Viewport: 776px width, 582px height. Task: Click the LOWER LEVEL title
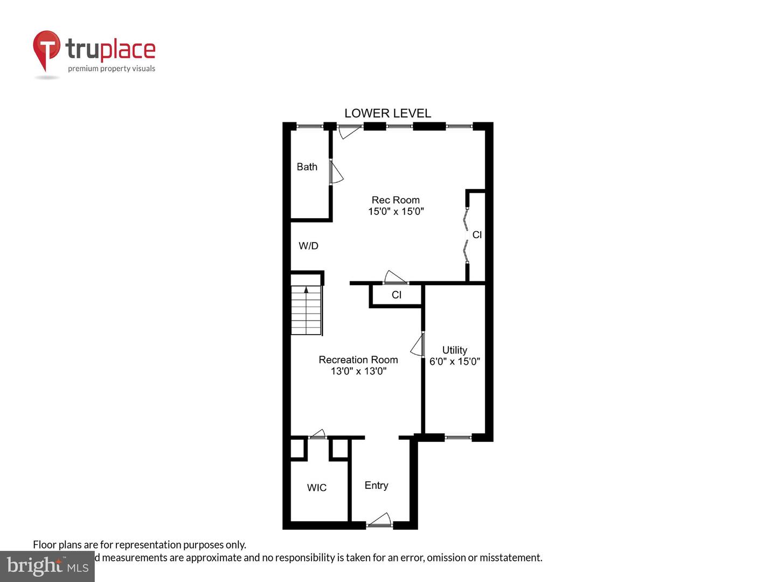point(387,113)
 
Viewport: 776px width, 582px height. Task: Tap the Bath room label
point(307,167)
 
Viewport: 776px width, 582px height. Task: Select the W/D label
point(308,246)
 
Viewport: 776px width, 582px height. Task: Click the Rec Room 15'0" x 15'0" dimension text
point(396,211)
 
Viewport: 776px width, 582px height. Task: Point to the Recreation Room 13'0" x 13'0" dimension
point(358,371)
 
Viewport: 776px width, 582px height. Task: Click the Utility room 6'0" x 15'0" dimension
point(454,361)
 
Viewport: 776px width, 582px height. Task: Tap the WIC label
point(316,488)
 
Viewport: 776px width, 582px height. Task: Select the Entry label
point(376,486)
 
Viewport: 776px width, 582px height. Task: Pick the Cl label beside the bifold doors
point(477,235)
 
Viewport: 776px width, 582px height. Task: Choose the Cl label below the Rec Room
point(397,295)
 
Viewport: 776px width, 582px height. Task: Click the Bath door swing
point(336,172)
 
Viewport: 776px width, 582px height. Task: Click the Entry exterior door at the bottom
point(379,520)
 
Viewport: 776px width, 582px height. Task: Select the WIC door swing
point(318,434)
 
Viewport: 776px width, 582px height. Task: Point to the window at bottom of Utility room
point(458,438)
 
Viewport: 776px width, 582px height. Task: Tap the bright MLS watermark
point(47,566)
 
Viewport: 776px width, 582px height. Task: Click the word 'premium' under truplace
point(83,68)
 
